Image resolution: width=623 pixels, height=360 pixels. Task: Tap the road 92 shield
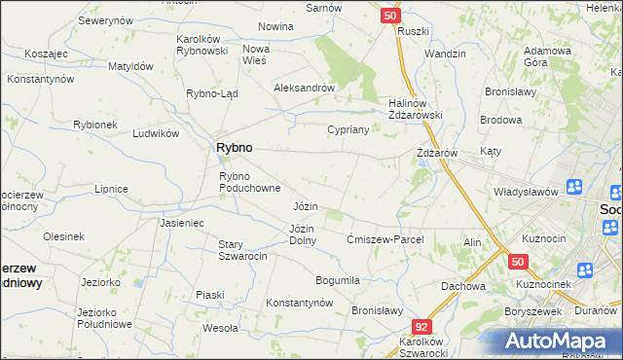[421, 328]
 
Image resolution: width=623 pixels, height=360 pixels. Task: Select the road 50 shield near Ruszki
[389, 16]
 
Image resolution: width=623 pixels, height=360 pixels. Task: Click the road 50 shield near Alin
[517, 262]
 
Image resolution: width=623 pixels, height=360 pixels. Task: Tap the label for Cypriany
[347, 129]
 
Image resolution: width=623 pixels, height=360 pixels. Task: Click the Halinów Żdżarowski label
[416, 108]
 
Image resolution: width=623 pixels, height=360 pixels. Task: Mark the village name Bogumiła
[338, 280]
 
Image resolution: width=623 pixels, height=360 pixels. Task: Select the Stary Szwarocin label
[241, 250]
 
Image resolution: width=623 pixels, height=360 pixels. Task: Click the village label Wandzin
[445, 53]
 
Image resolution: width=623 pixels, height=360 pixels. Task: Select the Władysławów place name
[525, 192]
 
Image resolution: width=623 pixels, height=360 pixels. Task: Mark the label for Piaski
[209, 294]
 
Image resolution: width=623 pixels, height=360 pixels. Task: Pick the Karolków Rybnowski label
[202, 45]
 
